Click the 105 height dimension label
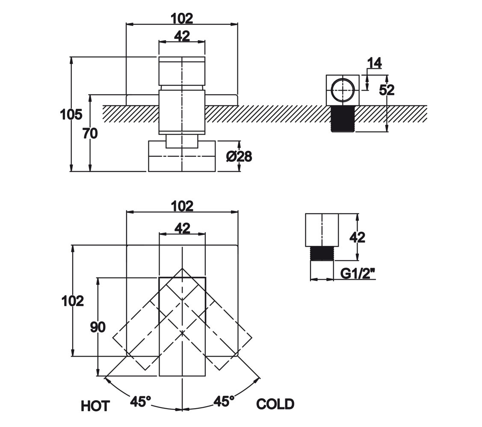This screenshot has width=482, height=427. [71, 114]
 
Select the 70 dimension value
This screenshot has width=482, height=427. [90, 134]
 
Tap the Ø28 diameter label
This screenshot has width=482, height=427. [239, 157]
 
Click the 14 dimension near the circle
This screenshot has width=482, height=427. [374, 63]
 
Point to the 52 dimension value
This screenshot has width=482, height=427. [387, 90]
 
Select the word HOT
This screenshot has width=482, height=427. [95, 405]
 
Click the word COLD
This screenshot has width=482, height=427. [275, 404]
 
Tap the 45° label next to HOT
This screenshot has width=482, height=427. [141, 401]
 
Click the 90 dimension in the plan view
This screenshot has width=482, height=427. [98, 328]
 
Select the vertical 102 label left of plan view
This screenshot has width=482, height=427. [73, 301]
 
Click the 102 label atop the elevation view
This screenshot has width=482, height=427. [182, 18]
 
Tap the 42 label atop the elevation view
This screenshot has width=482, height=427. [182, 36]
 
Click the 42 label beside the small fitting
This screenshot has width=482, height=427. [358, 237]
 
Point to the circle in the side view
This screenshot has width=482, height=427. [343, 90]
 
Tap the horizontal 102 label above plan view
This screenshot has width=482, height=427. [182, 206]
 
